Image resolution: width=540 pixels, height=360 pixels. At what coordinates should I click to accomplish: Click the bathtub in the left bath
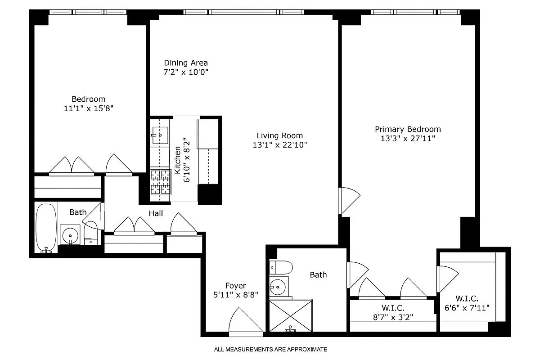(x=46, y=227)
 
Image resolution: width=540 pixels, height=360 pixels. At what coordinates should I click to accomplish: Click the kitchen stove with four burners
(x=160, y=182)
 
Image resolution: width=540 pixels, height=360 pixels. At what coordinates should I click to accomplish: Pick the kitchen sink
(x=160, y=135)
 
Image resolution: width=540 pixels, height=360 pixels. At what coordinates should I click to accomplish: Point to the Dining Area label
(x=185, y=63)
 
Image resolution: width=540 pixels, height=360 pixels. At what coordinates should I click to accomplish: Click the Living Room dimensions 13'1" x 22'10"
(x=279, y=145)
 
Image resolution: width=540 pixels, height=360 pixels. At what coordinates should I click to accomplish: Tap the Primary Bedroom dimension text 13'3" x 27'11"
(x=408, y=139)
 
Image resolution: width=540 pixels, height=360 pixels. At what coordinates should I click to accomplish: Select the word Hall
(x=156, y=213)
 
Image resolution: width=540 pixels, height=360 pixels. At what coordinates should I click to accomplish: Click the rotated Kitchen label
(x=178, y=160)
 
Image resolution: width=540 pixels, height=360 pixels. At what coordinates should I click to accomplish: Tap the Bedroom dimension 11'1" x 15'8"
(x=88, y=108)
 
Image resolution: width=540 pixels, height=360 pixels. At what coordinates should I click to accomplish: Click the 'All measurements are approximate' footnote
(x=270, y=349)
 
